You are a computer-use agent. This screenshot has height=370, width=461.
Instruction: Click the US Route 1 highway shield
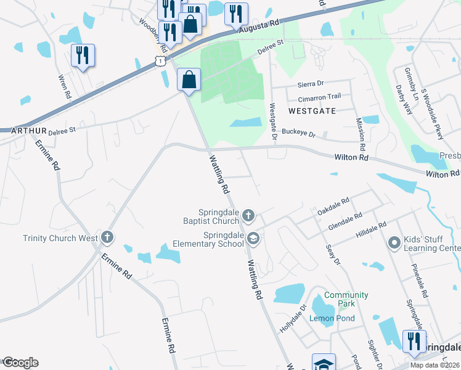click(x=160, y=61)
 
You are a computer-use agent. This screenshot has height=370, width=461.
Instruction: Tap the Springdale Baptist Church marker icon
click(x=248, y=215)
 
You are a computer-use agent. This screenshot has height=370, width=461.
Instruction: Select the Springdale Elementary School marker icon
click(x=253, y=238)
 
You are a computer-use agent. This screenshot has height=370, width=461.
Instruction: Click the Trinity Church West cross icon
click(x=107, y=237)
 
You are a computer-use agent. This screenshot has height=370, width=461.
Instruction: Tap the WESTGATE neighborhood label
click(x=311, y=111)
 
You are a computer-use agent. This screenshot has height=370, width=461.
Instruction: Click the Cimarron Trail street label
click(x=319, y=97)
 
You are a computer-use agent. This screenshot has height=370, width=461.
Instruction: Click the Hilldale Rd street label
click(x=370, y=231)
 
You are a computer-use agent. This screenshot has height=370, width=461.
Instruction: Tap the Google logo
click(x=20, y=363)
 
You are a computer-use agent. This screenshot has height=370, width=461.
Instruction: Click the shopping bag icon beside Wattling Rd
click(x=189, y=80)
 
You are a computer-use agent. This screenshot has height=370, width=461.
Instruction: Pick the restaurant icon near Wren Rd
click(x=82, y=55)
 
